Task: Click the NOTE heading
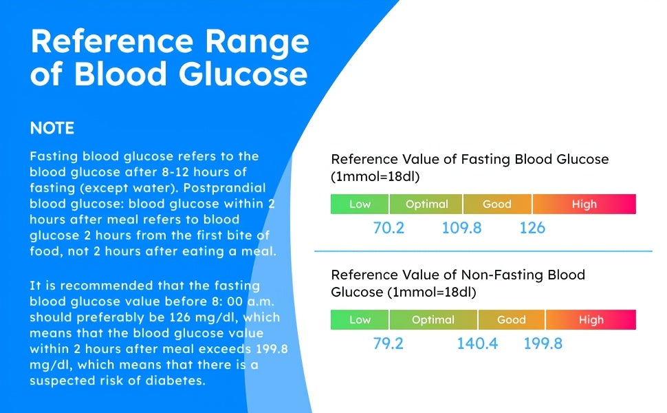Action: click(x=52, y=129)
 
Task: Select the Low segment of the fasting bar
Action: click(x=360, y=204)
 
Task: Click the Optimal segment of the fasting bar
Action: click(x=426, y=204)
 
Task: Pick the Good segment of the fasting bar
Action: click(x=497, y=204)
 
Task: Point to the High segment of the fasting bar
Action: click(x=584, y=204)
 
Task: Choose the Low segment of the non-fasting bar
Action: click(x=360, y=320)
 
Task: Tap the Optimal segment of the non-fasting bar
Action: click(x=433, y=320)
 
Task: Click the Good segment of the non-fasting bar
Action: click(x=511, y=320)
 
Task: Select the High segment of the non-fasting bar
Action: click(x=591, y=320)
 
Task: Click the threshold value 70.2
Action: click(x=389, y=228)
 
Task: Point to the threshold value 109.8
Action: click(x=461, y=228)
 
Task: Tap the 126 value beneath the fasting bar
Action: click(x=532, y=228)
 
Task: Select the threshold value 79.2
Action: click(x=389, y=343)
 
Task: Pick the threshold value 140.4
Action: click(x=477, y=343)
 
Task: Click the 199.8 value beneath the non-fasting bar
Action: click(x=543, y=343)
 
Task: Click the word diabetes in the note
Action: click(x=171, y=380)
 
